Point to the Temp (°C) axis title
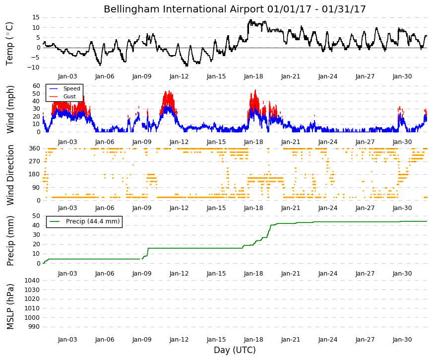pos(9,44)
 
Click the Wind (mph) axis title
pos(10,110)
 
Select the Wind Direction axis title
pos(10,175)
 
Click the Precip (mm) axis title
pos(10,241)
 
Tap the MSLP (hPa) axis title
pos(10,307)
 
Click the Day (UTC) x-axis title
pos(235,350)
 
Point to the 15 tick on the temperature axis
pos(36,17)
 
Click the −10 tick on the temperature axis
pos(33,68)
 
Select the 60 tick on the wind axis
pos(36,86)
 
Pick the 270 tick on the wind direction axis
pos(35,161)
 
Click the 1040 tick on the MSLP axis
pos(32,281)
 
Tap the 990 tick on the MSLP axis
pos(34,327)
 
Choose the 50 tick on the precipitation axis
pos(36,216)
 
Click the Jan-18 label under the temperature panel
pos(253,76)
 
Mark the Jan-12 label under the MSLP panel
pos(179,340)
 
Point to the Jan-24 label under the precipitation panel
pos(328,274)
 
